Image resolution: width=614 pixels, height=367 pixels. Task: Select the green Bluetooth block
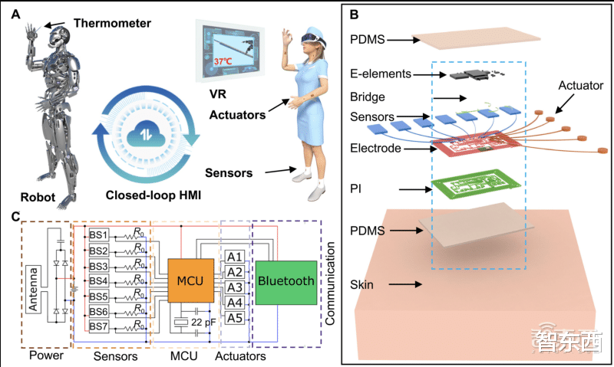(286, 281)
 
